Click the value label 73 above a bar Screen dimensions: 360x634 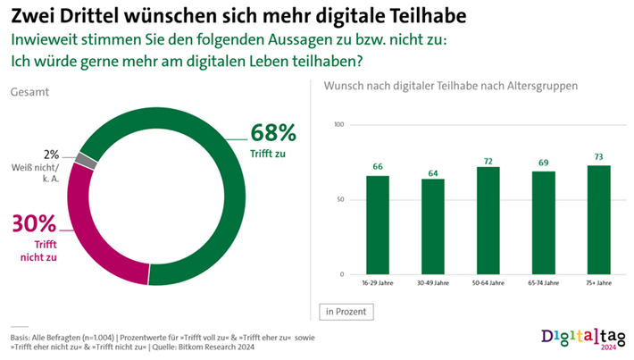[x=599, y=157]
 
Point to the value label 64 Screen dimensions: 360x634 [x=433, y=171]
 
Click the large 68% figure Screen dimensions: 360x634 [x=272, y=133]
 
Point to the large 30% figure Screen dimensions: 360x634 [x=33, y=223]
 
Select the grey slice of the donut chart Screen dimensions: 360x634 [x=86, y=160]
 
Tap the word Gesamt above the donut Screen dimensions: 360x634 [x=29, y=92]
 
